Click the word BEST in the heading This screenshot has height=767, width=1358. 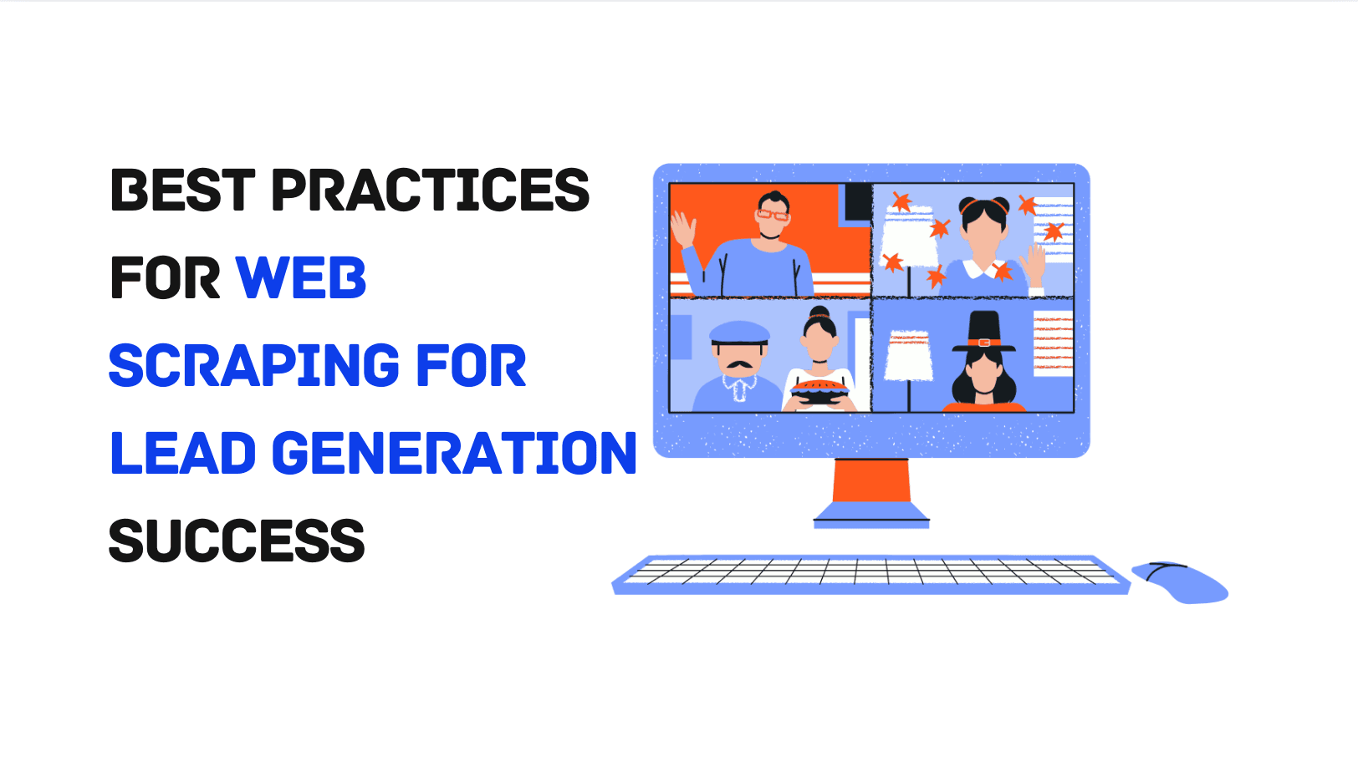pyautogui.click(x=183, y=190)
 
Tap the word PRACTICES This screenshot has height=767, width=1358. pyautogui.click(x=431, y=190)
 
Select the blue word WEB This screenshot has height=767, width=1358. pyautogui.click(x=301, y=278)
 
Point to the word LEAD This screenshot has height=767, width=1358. pyautogui.click(x=183, y=454)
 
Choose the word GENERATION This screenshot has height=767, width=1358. pyautogui.click(x=454, y=454)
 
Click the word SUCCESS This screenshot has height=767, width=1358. pyautogui.click(x=237, y=541)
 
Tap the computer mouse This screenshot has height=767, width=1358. pyautogui.click(x=1180, y=582)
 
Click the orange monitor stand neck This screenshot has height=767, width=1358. pyautogui.click(x=871, y=480)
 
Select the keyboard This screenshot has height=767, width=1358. pyautogui.click(x=870, y=574)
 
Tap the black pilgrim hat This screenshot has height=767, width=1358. pyautogui.click(x=984, y=332)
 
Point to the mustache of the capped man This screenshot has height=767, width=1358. pyautogui.click(x=737, y=364)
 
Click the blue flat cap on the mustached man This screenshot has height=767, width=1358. pyautogui.click(x=738, y=333)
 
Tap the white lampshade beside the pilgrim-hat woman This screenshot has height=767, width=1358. pyautogui.click(x=909, y=355)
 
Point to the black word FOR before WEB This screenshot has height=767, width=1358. pyautogui.click(x=165, y=278)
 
